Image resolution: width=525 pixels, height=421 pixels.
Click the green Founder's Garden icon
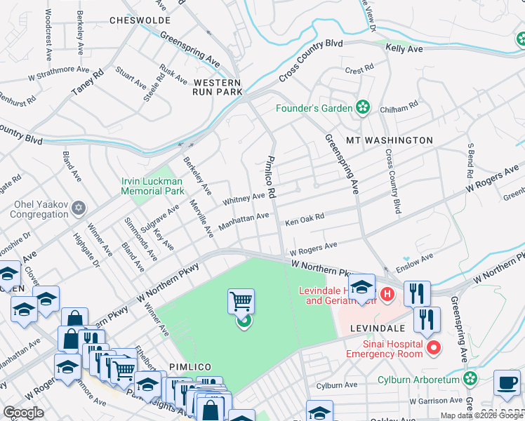[363, 108]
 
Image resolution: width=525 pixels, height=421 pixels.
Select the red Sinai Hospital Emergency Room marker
[434, 347]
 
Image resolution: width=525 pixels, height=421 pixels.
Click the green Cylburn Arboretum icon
[470, 379]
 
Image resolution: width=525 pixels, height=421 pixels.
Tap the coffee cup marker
[507, 383]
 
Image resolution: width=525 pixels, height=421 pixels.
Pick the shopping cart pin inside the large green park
[241, 302]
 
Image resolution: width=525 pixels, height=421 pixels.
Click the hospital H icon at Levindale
[387, 290]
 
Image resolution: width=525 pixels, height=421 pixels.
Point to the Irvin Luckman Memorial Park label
[152, 186]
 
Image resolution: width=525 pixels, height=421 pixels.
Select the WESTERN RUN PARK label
[218, 87]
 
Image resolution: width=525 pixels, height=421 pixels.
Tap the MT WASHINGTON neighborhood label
[389, 140]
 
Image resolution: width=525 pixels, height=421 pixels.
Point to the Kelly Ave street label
[404, 49]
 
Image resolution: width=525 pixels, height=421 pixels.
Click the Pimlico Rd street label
[271, 176]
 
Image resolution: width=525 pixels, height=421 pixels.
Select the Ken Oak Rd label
[305, 220]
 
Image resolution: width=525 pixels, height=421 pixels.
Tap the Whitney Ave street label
[244, 200]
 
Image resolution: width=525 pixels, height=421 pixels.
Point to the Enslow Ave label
[413, 262]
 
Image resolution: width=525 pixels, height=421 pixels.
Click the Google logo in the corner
[23, 413]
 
